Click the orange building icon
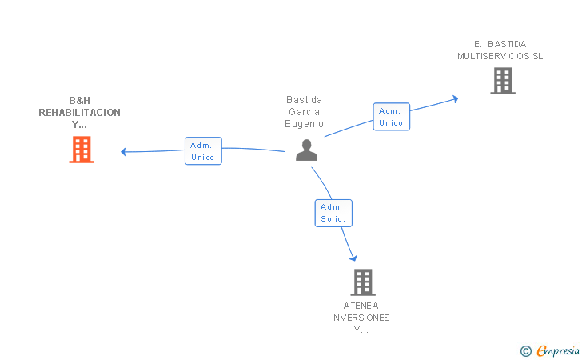click(x=82, y=150)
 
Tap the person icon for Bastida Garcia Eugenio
click(x=307, y=150)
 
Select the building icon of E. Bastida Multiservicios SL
click(x=503, y=81)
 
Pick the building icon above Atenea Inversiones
click(x=363, y=282)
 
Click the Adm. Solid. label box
click(x=333, y=214)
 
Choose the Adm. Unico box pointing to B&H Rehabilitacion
click(x=203, y=151)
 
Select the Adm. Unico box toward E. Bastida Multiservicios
click(x=391, y=117)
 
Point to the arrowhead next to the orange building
click(x=124, y=151)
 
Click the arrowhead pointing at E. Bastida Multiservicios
click(x=456, y=99)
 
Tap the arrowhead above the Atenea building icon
click(x=353, y=258)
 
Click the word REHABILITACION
click(x=79, y=113)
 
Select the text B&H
click(x=79, y=101)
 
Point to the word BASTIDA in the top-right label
click(x=507, y=44)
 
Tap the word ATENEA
click(x=361, y=306)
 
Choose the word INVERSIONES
click(x=361, y=318)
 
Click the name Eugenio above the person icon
click(x=304, y=124)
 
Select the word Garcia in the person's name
click(x=304, y=112)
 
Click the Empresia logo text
click(x=558, y=350)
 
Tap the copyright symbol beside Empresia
click(x=526, y=351)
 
